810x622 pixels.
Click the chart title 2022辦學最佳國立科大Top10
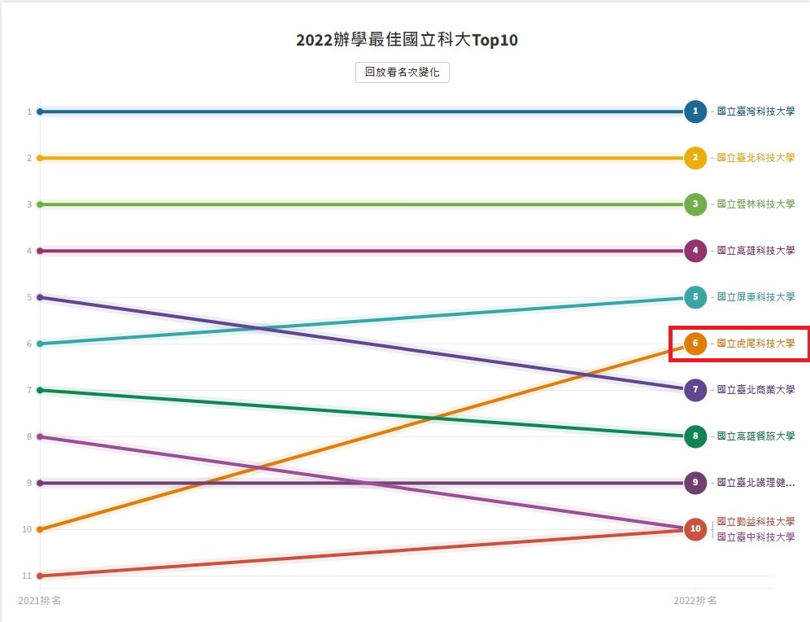(x=407, y=40)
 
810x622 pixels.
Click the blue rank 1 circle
(x=695, y=112)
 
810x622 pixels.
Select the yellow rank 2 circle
(x=695, y=158)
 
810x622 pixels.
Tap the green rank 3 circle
(x=695, y=204)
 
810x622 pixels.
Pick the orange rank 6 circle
(x=695, y=344)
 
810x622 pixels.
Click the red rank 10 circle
(x=695, y=529)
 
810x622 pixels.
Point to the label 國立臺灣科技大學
(x=756, y=112)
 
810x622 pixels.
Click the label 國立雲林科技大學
(x=756, y=204)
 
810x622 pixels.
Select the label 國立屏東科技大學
(x=756, y=297)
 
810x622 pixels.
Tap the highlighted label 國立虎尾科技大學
(x=756, y=344)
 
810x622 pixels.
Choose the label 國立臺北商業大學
(x=756, y=390)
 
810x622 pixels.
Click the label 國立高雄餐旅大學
(x=756, y=436)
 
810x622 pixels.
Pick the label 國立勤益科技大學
(x=756, y=521)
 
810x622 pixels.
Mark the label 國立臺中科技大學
(x=756, y=537)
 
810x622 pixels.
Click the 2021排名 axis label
(x=40, y=601)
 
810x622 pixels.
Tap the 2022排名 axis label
(x=695, y=601)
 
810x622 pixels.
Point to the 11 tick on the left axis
(x=28, y=576)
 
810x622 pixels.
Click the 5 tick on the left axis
(x=28, y=297)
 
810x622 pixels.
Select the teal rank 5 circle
(x=695, y=297)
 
